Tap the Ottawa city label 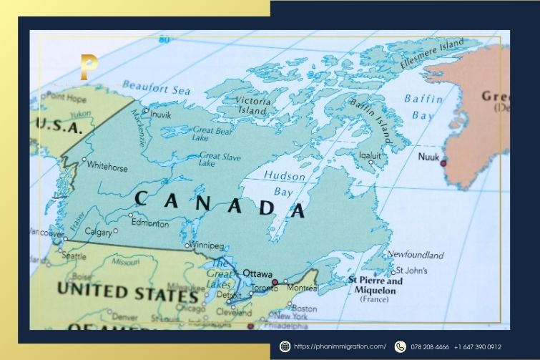(257, 273)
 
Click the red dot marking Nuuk (443, 163)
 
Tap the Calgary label (98, 232)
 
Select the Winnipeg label (208, 245)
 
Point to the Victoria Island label (253, 105)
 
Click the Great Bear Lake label (212, 134)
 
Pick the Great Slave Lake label (218, 159)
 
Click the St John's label (413, 271)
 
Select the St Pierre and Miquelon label (375, 286)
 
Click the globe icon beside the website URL (285, 346)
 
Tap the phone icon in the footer (400, 346)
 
